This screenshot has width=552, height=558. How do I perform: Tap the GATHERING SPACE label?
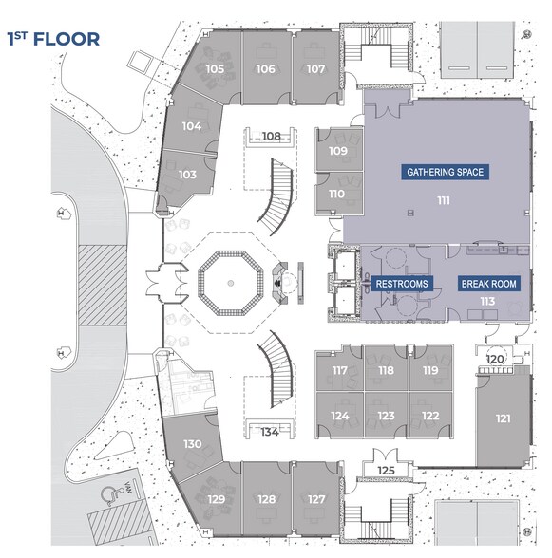coord(446,173)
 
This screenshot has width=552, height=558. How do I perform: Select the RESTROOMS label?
coord(402,284)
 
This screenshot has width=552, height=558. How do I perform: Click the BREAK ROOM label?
coord(488,284)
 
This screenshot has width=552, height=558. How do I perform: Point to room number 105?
coord(215,69)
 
